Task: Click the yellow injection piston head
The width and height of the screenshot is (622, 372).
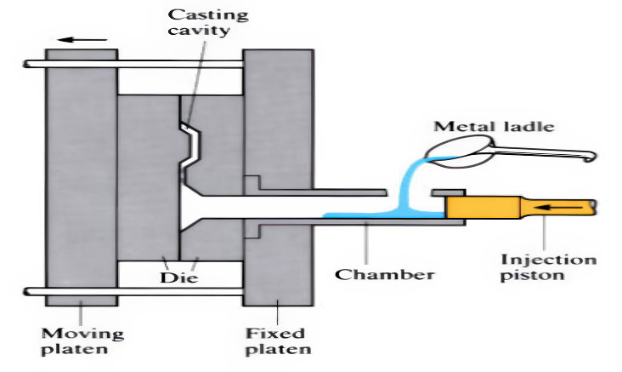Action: tap(484, 207)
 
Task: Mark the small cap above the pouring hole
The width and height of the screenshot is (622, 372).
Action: tap(448, 192)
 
